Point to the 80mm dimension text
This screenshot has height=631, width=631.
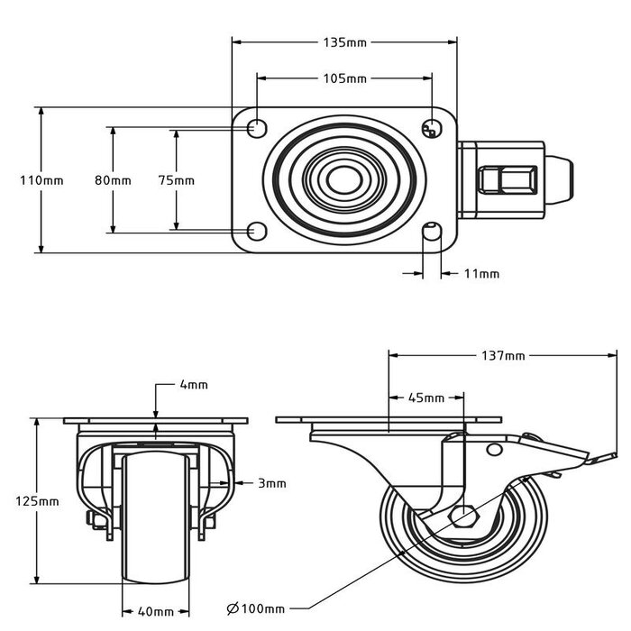coord(113,180)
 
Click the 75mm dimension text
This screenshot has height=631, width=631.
coord(176,180)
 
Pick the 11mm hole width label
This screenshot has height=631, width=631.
coord(480,273)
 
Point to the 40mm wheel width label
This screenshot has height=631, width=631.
coord(155,612)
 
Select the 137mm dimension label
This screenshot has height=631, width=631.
coord(503,356)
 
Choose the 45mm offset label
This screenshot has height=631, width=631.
coord(425,398)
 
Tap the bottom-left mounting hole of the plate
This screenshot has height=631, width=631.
coord(258,232)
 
